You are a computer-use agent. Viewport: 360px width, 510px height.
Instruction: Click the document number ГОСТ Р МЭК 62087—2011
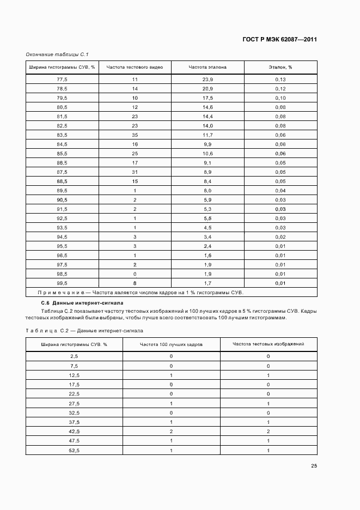pos(279,39)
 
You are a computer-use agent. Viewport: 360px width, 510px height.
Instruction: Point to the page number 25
pos(314,465)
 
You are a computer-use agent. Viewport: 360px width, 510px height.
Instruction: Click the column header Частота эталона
pos(208,68)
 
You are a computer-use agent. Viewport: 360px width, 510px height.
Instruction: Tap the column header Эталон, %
pos(280,68)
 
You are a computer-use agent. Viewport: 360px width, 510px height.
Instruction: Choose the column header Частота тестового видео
pos(135,68)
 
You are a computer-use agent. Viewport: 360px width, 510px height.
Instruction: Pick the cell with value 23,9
pos(208,80)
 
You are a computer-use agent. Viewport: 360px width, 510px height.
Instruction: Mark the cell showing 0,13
pos(280,80)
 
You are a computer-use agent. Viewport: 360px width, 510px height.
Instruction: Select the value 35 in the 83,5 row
pos(135,135)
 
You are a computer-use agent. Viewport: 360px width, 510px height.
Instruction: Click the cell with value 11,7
pos(208,135)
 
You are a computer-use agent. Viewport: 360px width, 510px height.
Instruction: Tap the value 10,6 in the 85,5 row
pos(208,154)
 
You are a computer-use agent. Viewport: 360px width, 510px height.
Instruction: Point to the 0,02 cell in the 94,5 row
pos(280,237)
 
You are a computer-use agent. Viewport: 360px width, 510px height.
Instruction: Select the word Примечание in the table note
pos(61,293)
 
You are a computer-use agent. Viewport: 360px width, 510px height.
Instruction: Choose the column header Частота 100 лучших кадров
pos(171,344)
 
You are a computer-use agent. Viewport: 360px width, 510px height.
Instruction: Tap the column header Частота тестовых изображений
pos(268,344)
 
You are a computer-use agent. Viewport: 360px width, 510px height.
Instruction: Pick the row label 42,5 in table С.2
pos(74,431)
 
